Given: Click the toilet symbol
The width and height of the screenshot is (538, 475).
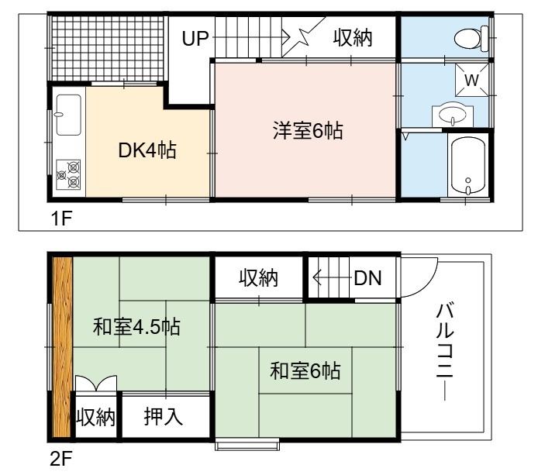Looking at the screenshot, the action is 471,38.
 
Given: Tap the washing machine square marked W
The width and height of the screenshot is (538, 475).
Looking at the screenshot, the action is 472,80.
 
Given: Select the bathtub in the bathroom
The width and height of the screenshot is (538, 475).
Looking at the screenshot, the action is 468,167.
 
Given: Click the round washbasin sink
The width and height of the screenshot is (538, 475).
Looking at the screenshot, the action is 453,113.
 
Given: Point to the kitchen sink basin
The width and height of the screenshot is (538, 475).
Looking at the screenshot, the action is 69,115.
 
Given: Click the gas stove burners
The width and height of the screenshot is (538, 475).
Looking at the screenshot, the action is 68,174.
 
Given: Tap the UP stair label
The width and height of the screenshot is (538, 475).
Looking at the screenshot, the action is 195,39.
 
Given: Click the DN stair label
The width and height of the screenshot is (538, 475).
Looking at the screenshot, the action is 367,278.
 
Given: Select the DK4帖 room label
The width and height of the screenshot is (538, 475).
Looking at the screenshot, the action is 147,150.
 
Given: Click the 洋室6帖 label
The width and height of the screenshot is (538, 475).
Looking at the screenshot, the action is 308,130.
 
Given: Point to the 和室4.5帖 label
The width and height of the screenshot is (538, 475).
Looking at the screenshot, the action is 136,327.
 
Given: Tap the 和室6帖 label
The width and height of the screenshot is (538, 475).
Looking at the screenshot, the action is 305,370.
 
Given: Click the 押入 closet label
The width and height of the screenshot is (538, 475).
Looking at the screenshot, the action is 163,416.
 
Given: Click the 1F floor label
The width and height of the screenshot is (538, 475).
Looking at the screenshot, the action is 61,218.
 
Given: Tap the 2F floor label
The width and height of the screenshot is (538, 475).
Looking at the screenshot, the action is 61,459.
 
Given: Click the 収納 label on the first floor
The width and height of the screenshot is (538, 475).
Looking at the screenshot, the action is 353,38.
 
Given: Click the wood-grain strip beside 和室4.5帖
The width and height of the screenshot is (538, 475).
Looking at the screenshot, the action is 62,346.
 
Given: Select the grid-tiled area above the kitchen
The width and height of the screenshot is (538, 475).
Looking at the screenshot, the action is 107,48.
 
